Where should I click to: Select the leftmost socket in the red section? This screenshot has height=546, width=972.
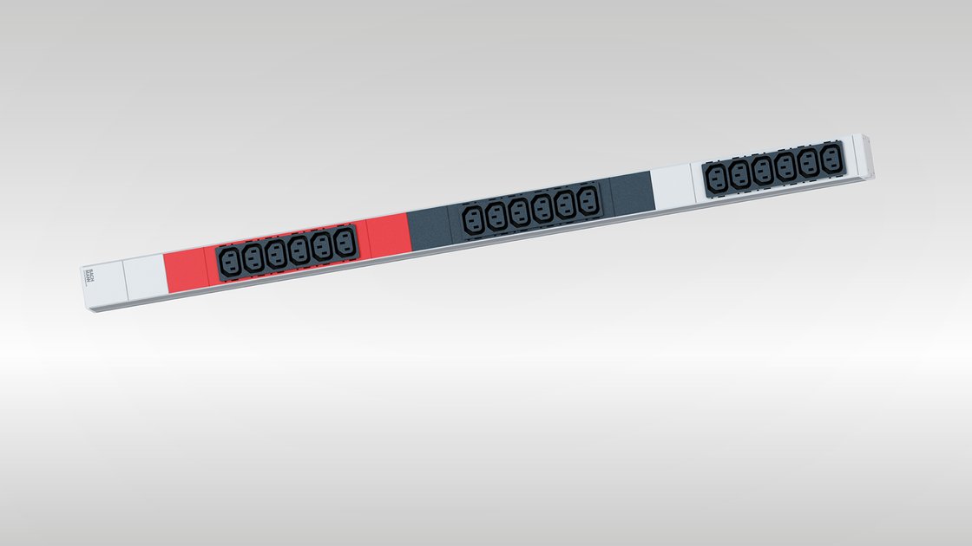click(231, 259)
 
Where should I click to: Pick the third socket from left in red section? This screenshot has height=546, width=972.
click(277, 253)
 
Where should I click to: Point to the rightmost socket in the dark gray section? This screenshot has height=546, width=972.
click(588, 202)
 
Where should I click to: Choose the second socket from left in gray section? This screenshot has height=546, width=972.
click(496, 215)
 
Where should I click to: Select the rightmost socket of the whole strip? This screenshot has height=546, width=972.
click(831, 161)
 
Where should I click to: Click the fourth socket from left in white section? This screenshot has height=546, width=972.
click(785, 168)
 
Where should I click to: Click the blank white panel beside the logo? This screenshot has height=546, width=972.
click(143, 274)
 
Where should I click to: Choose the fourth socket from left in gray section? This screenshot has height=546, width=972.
click(542, 208)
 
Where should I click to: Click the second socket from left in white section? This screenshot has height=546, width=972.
click(739, 174)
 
